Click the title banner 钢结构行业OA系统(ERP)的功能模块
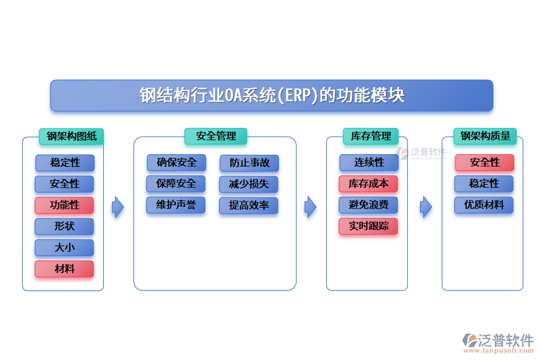(271, 95)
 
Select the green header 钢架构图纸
(71, 136)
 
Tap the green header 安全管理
(216, 136)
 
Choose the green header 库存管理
(370, 136)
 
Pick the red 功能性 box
(64, 205)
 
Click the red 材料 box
(64, 269)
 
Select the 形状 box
(64, 226)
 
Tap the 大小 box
(64, 248)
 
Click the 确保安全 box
(176, 163)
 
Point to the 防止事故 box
(249, 163)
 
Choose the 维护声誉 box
(176, 205)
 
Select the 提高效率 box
(249, 205)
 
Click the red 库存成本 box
(368, 184)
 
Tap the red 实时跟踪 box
(368, 226)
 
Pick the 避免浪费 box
(368, 205)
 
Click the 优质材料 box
(484, 205)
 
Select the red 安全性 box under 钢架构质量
(484, 163)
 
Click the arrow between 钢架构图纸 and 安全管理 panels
(118, 207)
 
